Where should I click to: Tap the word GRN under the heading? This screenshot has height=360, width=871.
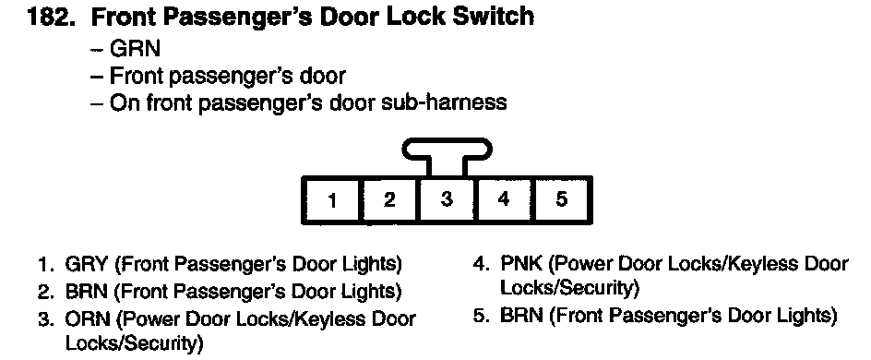tap(135, 48)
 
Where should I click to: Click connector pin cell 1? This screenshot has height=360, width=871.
tap(332, 200)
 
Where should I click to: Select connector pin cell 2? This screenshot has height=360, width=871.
tap(390, 200)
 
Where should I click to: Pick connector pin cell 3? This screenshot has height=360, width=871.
tap(447, 200)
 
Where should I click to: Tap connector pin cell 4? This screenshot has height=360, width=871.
tap(503, 200)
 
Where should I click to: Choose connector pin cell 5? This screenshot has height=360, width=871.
tap(562, 200)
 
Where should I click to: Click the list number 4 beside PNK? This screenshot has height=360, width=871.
tap(480, 263)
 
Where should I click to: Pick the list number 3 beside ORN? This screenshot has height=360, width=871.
tap(45, 319)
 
